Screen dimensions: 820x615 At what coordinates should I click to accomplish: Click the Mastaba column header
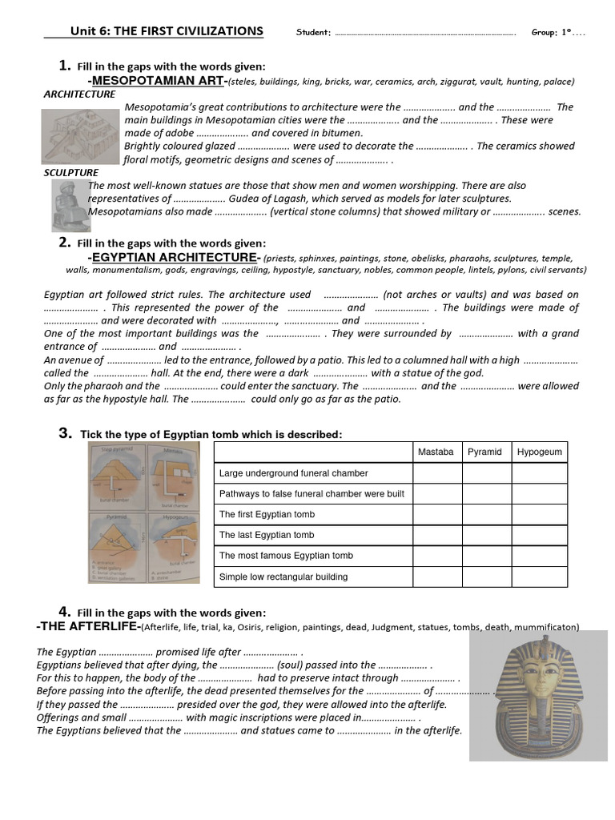pyautogui.click(x=436, y=452)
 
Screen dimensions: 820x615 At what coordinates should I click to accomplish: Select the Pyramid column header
pyautogui.click(x=485, y=452)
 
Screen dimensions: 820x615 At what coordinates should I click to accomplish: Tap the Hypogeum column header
pyautogui.click(x=539, y=452)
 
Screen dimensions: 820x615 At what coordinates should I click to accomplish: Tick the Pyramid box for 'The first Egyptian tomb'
pyautogui.click(x=486, y=514)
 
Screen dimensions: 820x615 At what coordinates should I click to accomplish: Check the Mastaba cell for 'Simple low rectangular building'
pyautogui.click(x=437, y=577)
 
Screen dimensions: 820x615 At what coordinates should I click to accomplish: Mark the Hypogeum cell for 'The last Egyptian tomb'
pyautogui.click(x=539, y=535)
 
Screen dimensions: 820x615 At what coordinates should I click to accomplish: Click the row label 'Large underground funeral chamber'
pyautogui.click(x=293, y=473)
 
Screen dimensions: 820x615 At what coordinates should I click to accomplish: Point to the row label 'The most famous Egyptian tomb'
pyautogui.click(x=286, y=556)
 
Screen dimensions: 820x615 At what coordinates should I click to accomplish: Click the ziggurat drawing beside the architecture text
pyautogui.click(x=80, y=134)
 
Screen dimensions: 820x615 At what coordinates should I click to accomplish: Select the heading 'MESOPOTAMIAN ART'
pyautogui.click(x=159, y=81)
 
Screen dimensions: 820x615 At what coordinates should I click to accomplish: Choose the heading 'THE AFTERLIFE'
pyautogui.click(x=88, y=625)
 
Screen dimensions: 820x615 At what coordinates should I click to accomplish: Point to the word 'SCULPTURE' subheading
pyautogui.click(x=71, y=172)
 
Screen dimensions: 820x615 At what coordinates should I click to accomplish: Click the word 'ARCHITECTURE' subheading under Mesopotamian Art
pyautogui.click(x=79, y=94)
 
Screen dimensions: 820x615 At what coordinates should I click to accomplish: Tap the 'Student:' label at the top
pyautogui.click(x=313, y=33)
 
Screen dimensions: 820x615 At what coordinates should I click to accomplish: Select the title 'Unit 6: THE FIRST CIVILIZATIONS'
pyautogui.click(x=167, y=31)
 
